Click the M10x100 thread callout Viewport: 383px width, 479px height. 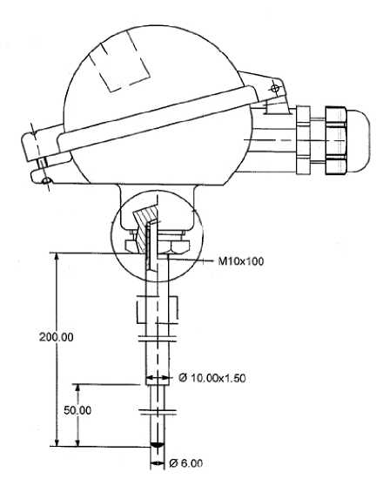tap(240, 261)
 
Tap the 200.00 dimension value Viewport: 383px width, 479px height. tap(57, 337)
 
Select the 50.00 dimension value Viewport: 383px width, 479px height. tap(77, 410)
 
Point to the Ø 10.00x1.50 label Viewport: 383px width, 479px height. tap(212, 378)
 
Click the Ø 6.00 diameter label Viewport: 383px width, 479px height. tap(185, 463)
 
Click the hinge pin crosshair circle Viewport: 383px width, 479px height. tap(275, 89)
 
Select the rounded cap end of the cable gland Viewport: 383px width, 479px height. tap(358, 140)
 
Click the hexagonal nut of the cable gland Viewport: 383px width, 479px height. tap(335, 140)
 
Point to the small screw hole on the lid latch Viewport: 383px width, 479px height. tap(46, 180)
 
